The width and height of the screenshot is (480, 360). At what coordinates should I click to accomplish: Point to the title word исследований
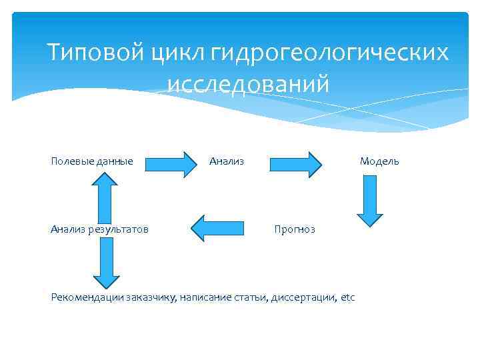click(x=248, y=85)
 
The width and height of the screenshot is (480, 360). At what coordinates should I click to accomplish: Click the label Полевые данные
click(x=92, y=161)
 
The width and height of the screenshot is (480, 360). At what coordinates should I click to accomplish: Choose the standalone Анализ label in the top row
click(x=227, y=161)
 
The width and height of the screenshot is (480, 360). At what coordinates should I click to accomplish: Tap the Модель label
click(x=379, y=161)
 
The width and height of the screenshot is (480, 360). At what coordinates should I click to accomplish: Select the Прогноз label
click(x=295, y=229)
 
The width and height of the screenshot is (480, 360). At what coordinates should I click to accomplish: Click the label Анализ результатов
click(x=99, y=229)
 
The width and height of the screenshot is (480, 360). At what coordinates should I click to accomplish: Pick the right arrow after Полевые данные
click(x=168, y=163)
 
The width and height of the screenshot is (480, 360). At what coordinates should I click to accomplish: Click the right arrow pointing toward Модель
click(x=296, y=163)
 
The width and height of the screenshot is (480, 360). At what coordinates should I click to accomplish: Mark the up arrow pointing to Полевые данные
click(x=105, y=195)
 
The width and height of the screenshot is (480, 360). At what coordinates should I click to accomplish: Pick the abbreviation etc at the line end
click(x=348, y=297)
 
